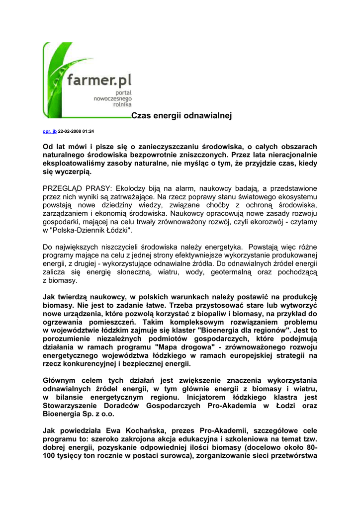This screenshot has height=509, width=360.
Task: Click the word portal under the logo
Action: pos(124,93)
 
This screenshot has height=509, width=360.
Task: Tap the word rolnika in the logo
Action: pos(122,105)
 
